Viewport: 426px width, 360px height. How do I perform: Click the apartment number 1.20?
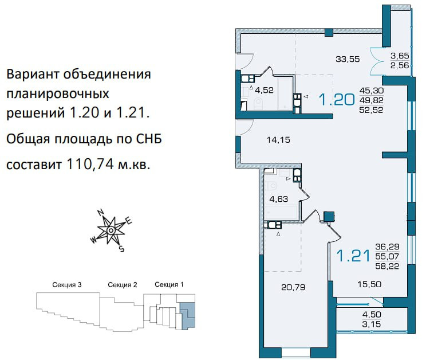pos(337,99)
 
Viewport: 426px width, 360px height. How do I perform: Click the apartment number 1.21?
pos(353,256)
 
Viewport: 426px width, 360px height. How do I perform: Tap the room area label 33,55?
pos(348,59)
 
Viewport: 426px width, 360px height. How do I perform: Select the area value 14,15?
pos(278,140)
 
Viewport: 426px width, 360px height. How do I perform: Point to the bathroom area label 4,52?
pos(264,90)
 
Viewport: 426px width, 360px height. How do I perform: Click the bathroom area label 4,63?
pos(278,199)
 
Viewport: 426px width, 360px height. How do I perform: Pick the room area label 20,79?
pos(293,287)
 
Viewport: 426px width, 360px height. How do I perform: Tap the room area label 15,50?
pos(369,284)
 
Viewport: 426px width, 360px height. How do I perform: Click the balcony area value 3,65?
pos(400,56)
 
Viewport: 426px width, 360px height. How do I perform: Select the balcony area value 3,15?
pos(372,324)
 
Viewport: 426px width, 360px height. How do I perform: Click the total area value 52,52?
pos(371,110)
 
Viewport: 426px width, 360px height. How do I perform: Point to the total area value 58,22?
pos(387,266)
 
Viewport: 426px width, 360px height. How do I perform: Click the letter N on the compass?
pos(101,212)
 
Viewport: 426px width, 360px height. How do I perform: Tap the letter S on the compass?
pos(122,249)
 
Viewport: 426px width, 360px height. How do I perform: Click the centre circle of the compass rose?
pos(111,230)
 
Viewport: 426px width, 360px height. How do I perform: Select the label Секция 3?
pos(67,285)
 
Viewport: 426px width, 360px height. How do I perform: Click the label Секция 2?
pos(123,285)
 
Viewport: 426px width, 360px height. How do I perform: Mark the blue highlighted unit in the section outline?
pos(188,315)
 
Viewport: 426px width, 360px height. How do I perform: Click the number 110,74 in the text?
pos(90,164)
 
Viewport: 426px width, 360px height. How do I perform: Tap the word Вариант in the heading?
pos(33,74)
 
